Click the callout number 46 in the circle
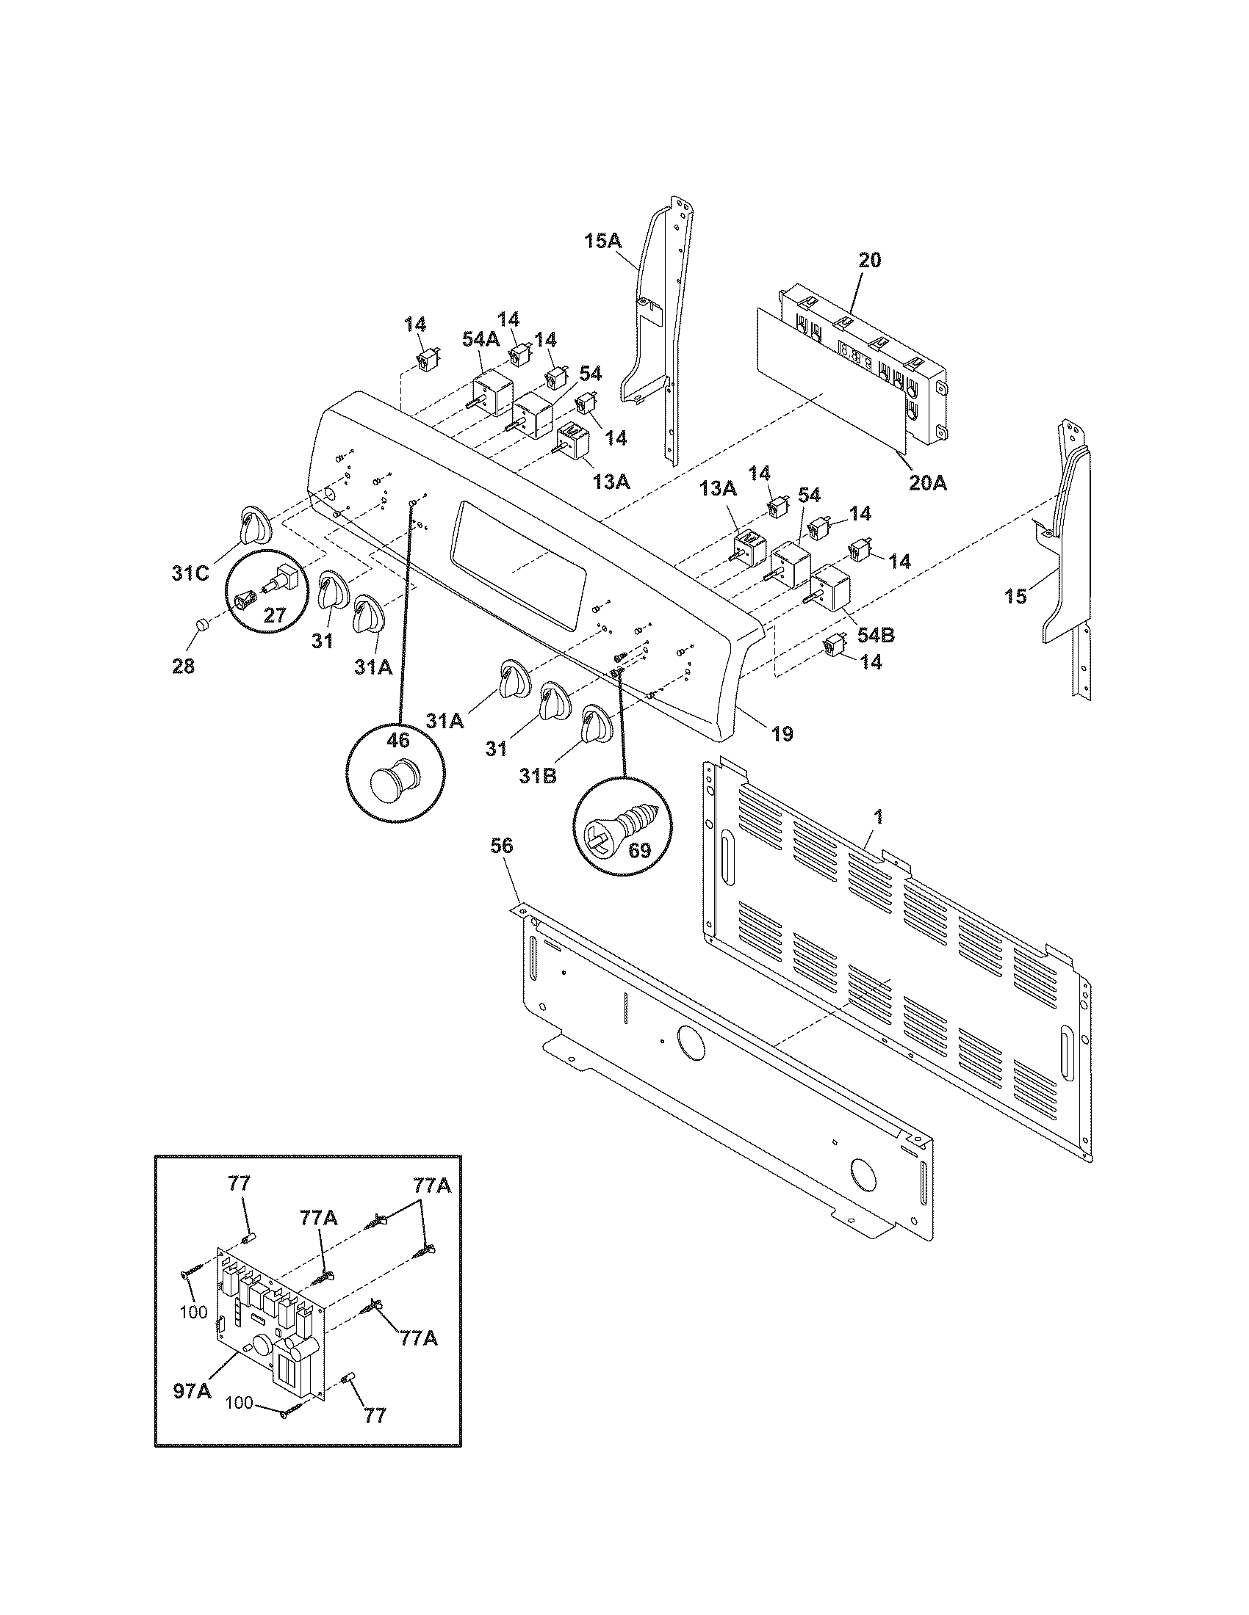(x=397, y=740)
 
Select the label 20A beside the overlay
(x=929, y=483)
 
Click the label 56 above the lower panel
(x=501, y=845)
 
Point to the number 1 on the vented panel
(x=877, y=816)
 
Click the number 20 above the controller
(x=870, y=260)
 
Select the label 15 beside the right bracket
(x=1016, y=595)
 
